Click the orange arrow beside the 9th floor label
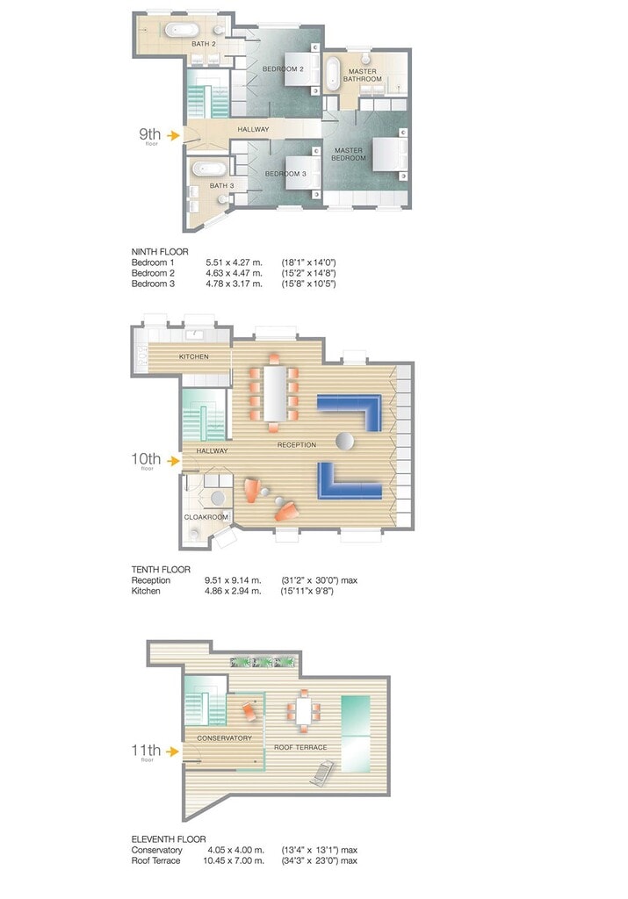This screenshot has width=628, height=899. pyautogui.click(x=173, y=135)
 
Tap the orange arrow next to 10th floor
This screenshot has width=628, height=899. pyautogui.click(x=173, y=460)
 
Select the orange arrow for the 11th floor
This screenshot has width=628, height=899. pyautogui.click(x=173, y=752)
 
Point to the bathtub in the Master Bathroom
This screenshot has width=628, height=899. pyautogui.click(x=333, y=74)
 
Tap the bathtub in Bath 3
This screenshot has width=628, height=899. pyautogui.click(x=209, y=169)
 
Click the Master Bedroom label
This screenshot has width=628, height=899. pyautogui.click(x=349, y=155)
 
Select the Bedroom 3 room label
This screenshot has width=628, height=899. pyautogui.click(x=285, y=174)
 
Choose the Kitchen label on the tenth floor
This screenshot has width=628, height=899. pyautogui.click(x=194, y=356)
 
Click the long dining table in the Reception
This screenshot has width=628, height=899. pyautogui.click(x=275, y=393)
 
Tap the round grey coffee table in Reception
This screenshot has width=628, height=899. pyautogui.click(x=345, y=441)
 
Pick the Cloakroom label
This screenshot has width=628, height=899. pyautogui.click(x=206, y=517)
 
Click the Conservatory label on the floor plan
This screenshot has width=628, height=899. pyautogui.click(x=224, y=738)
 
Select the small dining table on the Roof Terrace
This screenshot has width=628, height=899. pyautogui.click(x=304, y=711)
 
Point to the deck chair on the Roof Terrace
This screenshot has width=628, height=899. pyautogui.click(x=322, y=773)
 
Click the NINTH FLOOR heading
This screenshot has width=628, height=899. pyautogui.click(x=160, y=252)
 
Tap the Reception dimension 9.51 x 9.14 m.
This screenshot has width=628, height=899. pyautogui.click(x=233, y=580)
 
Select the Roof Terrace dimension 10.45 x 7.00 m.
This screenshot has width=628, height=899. pyautogui.click(x=234, y=860)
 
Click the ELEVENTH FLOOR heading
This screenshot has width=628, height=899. pyautogui.click(x=169, y=839)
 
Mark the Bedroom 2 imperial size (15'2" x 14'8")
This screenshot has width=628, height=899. pyautogui.click(x=308, y=274)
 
